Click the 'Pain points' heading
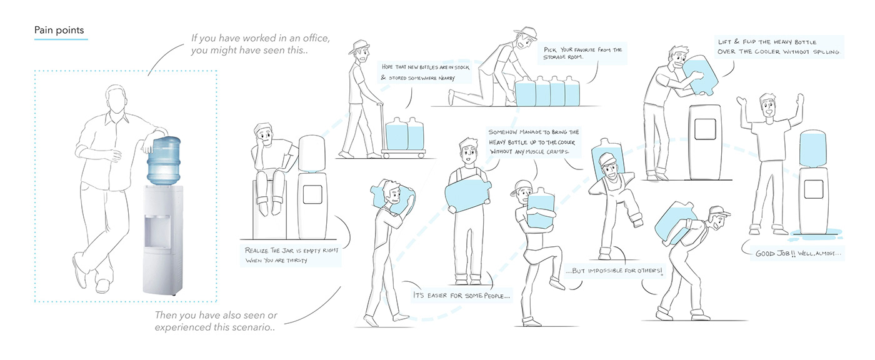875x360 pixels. pyautogui.click(x=61, y=30)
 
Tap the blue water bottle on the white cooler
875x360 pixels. pyautogui.click(x=164, y=160)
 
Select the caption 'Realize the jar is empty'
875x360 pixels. pyautogui.click(x=290, y=255)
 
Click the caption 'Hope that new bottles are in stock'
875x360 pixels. pyautogui.click(x=417, y=72)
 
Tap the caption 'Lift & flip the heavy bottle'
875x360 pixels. pyautogui.click(x=779, y=47)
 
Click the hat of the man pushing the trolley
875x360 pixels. pyautogui.click(x=359, y=46)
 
